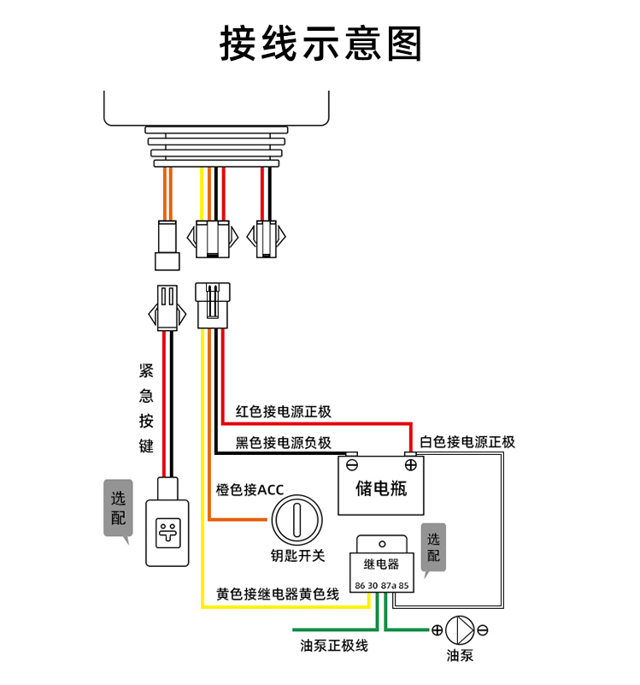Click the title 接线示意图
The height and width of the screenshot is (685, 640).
(x=320, y=43)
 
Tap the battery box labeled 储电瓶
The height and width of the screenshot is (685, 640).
(x=381, y=485)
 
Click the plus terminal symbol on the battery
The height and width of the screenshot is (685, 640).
(x=410, y=465)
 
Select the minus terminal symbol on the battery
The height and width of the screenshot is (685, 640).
(x=352, y=465)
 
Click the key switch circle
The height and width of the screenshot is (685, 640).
(x=297, y=520)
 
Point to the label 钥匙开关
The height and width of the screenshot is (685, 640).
(x=297, y=556)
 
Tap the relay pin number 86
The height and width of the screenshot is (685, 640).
(x=360, y=586)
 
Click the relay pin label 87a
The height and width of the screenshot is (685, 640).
(x=388, y=586)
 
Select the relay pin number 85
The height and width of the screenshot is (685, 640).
(x=403, y=586)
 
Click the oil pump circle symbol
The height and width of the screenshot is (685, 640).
(x=460, y=630)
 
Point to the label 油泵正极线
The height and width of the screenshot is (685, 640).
(x=334, y=646)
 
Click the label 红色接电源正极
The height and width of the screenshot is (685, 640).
(x=284, y=411)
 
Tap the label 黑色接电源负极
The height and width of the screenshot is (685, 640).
(x=284, y=443)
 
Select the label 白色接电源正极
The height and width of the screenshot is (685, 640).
(x=467, y=442)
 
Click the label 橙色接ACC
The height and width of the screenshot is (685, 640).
(x=250, y=490)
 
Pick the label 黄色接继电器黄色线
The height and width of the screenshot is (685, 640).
(x=278, y=594)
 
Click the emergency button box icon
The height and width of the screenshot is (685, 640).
(x=167, y=533)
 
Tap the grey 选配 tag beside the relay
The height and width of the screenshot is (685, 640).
(x=433, y=547)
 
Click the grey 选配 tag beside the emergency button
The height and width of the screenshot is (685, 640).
(x=118, y=508)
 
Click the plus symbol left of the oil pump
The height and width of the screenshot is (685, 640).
(x=437, y=630)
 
